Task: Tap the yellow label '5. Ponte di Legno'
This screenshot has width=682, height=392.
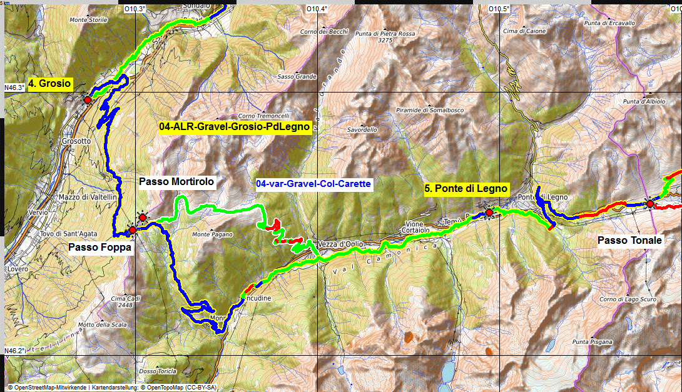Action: [466, 188]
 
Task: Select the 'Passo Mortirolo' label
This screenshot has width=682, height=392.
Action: [176, 182]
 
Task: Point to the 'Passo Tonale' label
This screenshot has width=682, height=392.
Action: [629, 240]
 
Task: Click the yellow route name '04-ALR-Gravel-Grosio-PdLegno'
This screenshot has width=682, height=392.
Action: [235, 128]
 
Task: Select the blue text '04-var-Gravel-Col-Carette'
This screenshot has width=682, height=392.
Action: [313, 184]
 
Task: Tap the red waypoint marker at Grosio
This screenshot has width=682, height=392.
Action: [88, 99]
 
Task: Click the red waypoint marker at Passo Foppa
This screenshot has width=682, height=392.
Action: [133, 230]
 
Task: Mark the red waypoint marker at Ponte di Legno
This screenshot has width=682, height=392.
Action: [489, 213]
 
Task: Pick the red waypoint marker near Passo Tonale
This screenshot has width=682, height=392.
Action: [650, 204]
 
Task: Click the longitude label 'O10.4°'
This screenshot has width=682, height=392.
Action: [317, 9]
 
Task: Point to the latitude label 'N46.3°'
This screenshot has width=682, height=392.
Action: [14, 88]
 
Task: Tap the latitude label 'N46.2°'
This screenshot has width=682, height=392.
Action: [14, 351]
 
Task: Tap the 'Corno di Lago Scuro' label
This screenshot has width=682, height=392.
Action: [626, 299]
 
